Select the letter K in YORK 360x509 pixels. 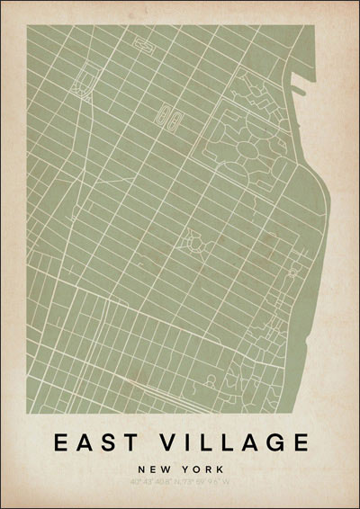[x=217, y=469]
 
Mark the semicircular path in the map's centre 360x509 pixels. [x=193, y=240]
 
